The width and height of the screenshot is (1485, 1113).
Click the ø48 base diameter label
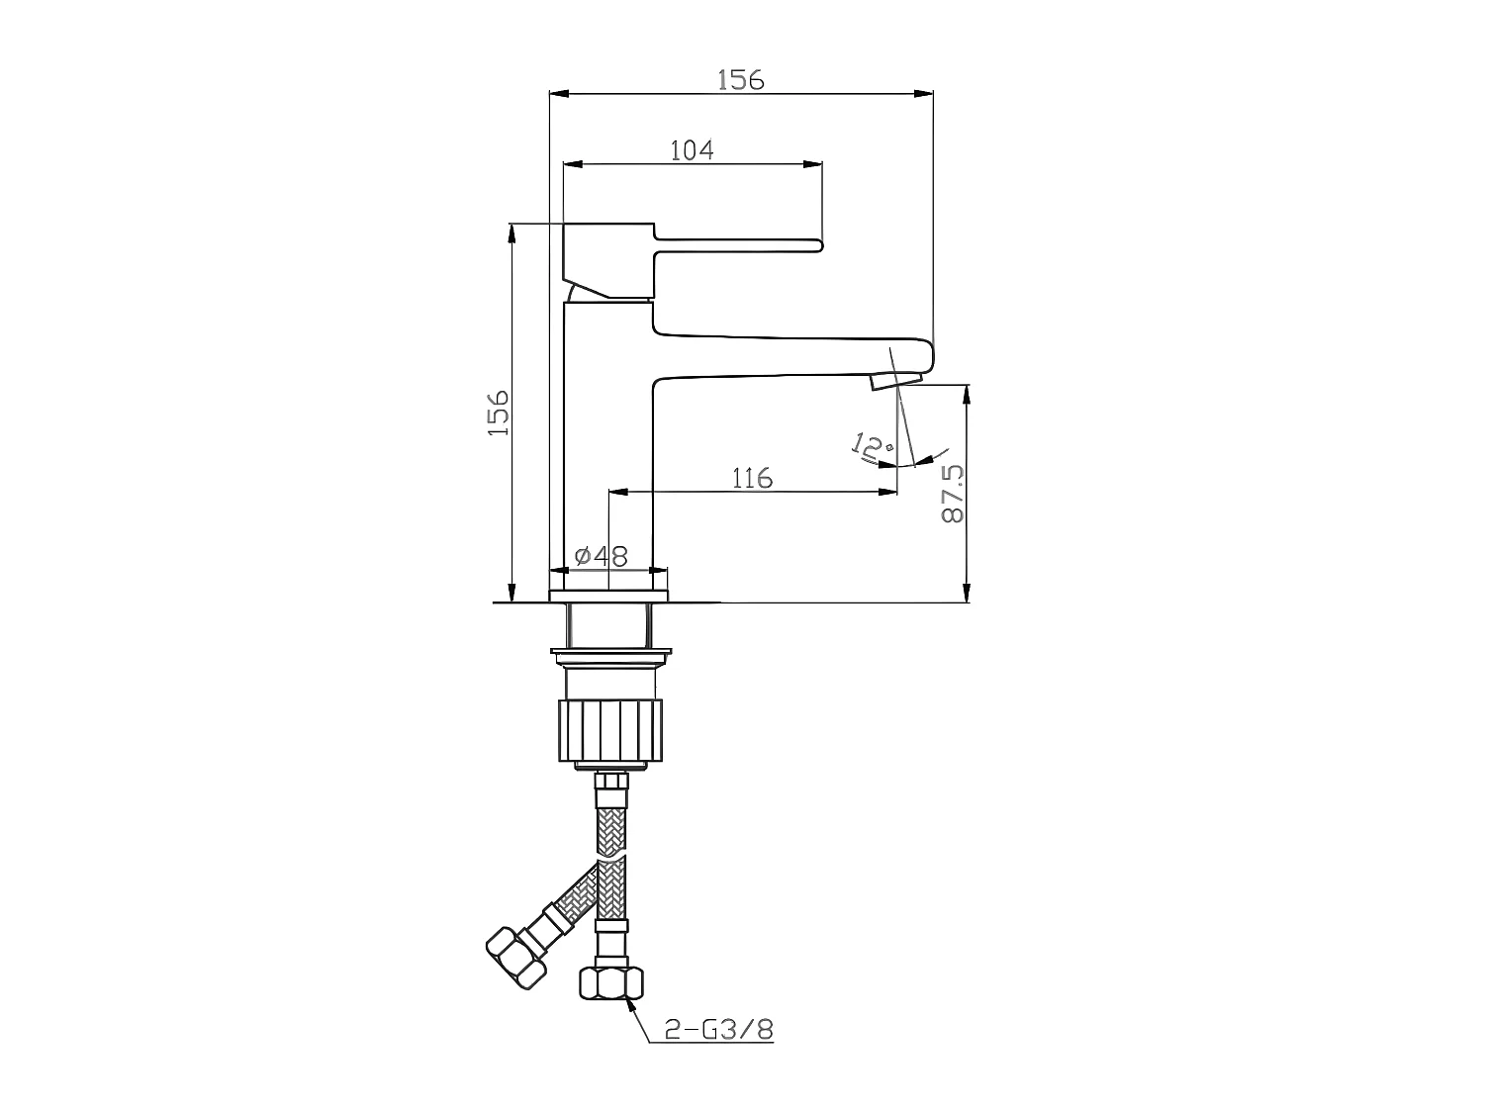(x=601, y=556)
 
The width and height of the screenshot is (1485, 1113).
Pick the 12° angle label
(x=871, y=447)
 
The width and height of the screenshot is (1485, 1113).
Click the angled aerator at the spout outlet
(x=896, y=380)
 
